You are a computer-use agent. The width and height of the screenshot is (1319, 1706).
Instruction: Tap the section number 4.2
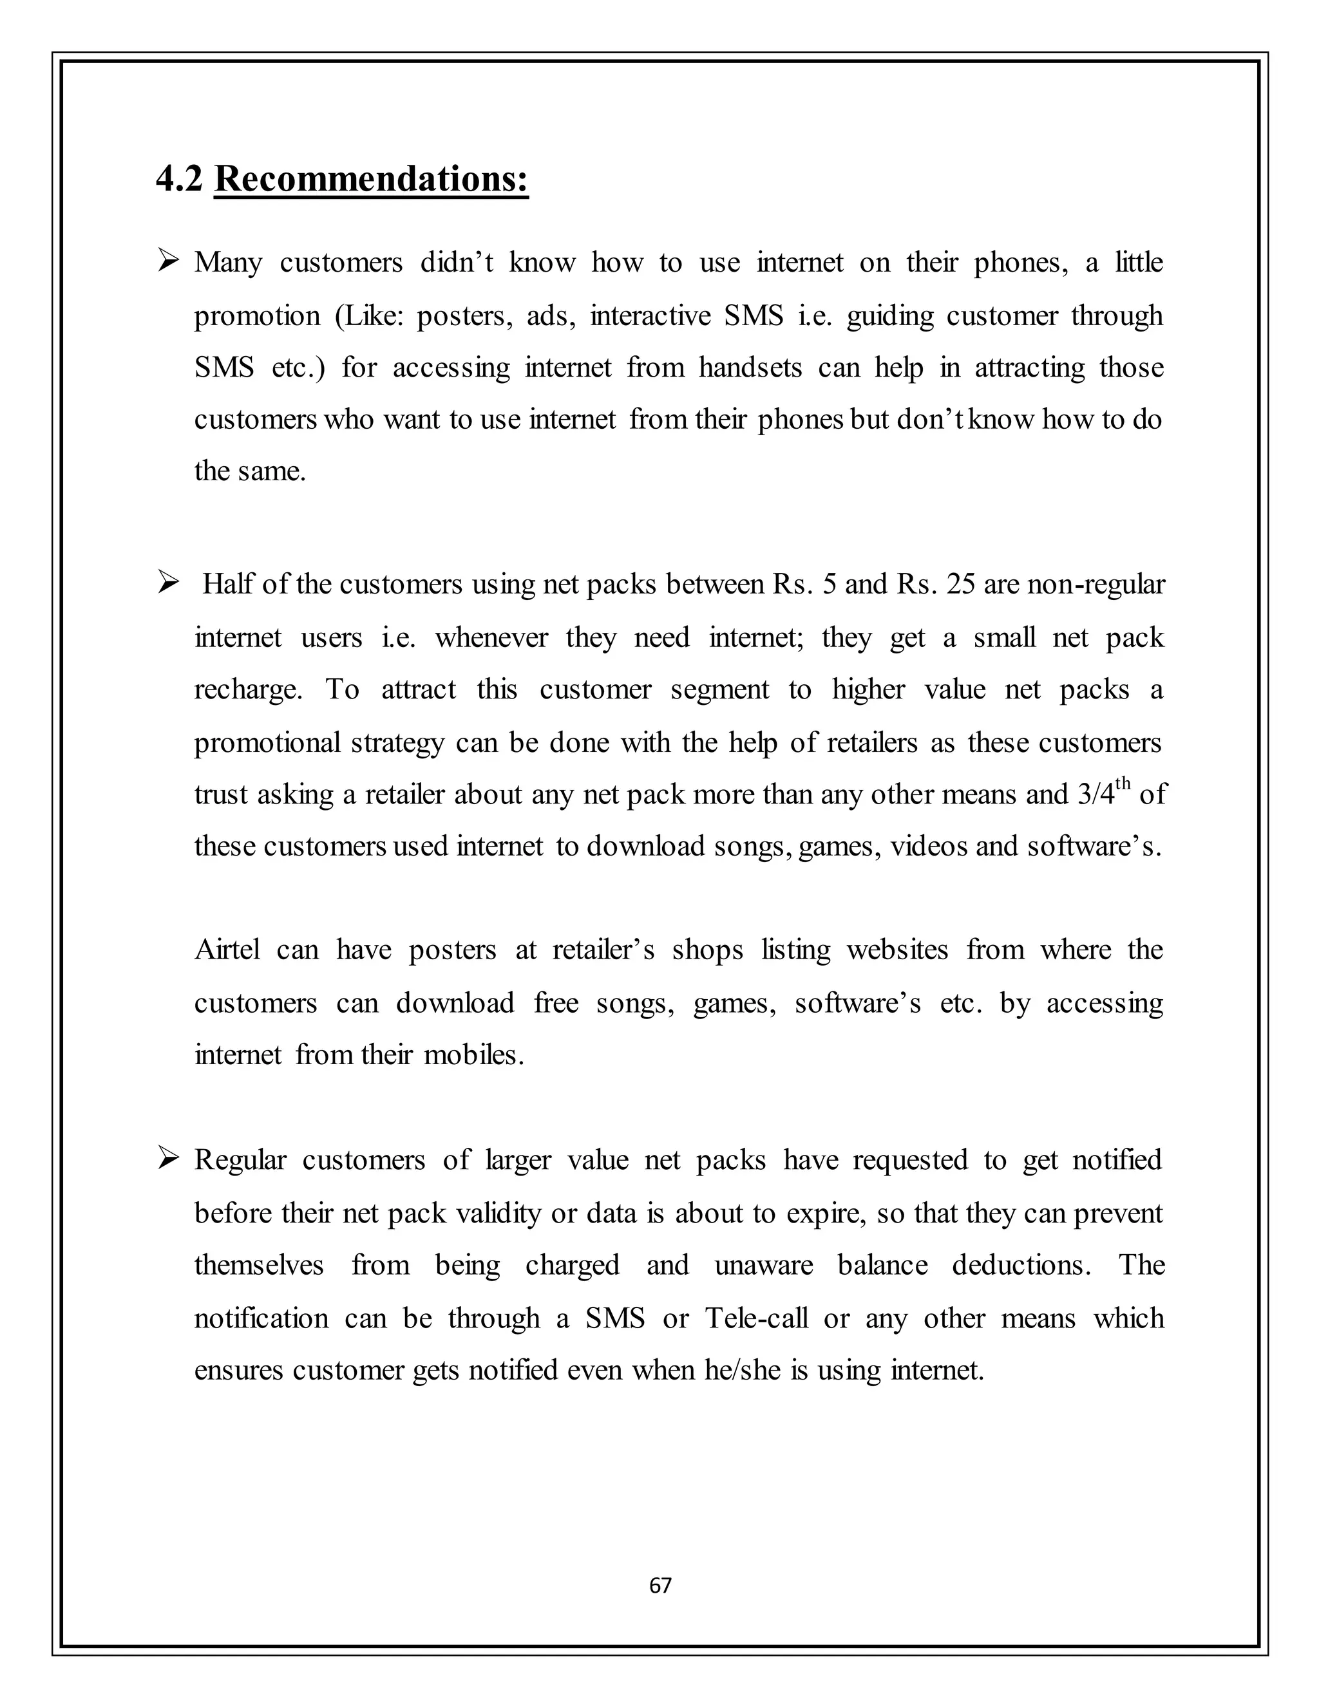coord(179,179)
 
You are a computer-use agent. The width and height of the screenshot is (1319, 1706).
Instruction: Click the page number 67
coord(660,1585)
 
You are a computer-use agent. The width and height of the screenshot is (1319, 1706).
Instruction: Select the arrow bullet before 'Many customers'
coord(168,260)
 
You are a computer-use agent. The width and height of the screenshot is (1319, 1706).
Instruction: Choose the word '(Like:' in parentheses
coord(366,315)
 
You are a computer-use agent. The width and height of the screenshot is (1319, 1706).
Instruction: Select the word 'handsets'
coord(750,368)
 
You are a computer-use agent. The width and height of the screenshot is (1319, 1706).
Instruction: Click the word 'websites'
coord(897,950)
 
